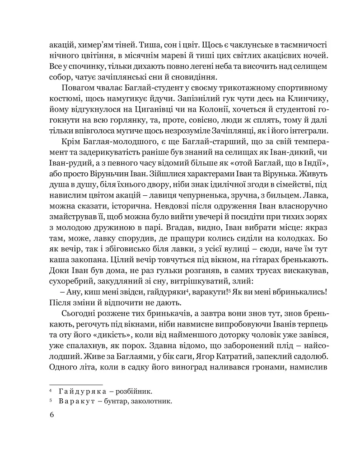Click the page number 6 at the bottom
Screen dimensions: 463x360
tap(51, 416)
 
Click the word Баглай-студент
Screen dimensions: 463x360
tap(140, 87)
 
